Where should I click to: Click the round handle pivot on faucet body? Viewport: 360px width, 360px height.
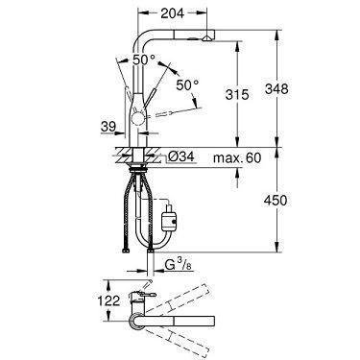pyautogui.click(x=144, y=118)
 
